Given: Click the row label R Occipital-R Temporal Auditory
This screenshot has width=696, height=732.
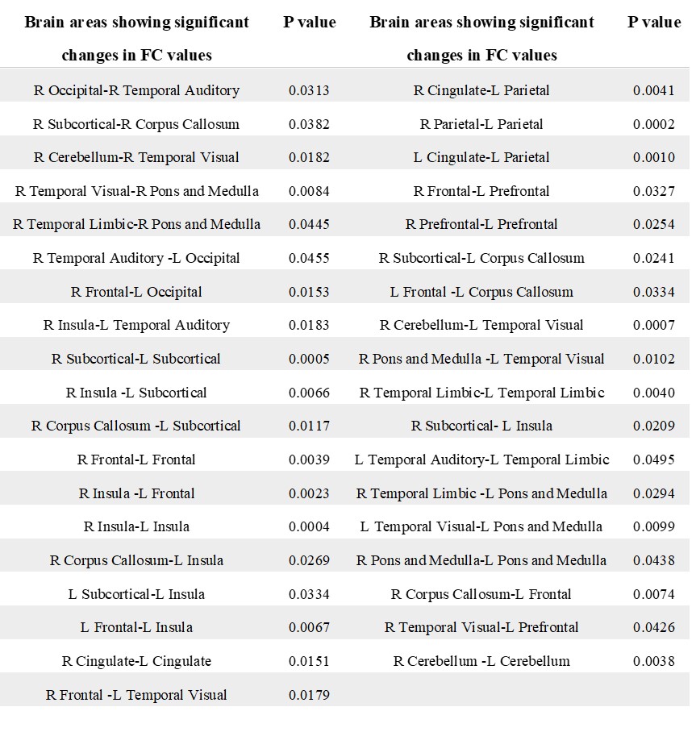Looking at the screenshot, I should coord(136,90).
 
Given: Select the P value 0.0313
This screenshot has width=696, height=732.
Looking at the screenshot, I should coord(309,90).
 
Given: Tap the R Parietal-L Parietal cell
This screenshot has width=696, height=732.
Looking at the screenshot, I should coord(481,124).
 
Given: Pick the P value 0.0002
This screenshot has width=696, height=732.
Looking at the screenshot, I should coord(654,124).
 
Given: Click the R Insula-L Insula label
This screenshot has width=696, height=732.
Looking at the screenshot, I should coord(136,526).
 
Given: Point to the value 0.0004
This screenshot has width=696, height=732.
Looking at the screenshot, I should coord(309,526).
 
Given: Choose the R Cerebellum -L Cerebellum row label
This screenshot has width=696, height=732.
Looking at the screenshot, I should coord(481,661).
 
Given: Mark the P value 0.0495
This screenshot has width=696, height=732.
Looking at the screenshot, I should coord(654,460).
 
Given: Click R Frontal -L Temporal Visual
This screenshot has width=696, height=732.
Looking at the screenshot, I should coord(136,695).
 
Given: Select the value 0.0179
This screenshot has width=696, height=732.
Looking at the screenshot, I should coord(309,695).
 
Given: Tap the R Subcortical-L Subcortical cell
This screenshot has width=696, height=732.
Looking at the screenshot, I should coord(136,359).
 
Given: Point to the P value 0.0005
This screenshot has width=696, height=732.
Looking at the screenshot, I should coord(309,359).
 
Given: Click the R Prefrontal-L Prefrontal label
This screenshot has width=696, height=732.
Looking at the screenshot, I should coord(481,224).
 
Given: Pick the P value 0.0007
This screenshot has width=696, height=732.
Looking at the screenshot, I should coord(654,325).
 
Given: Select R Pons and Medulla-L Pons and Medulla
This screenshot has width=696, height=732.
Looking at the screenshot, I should coord(481,560).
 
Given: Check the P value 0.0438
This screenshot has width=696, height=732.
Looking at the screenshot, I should coord(654,560).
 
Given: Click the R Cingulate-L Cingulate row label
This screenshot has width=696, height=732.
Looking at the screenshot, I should coord(136,661).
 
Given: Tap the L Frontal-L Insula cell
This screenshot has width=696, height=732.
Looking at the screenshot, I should coord(136,627).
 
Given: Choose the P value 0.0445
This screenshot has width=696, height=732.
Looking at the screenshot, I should coord(309,224).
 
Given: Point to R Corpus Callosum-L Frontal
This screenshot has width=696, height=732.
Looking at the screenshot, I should coord(481,594).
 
